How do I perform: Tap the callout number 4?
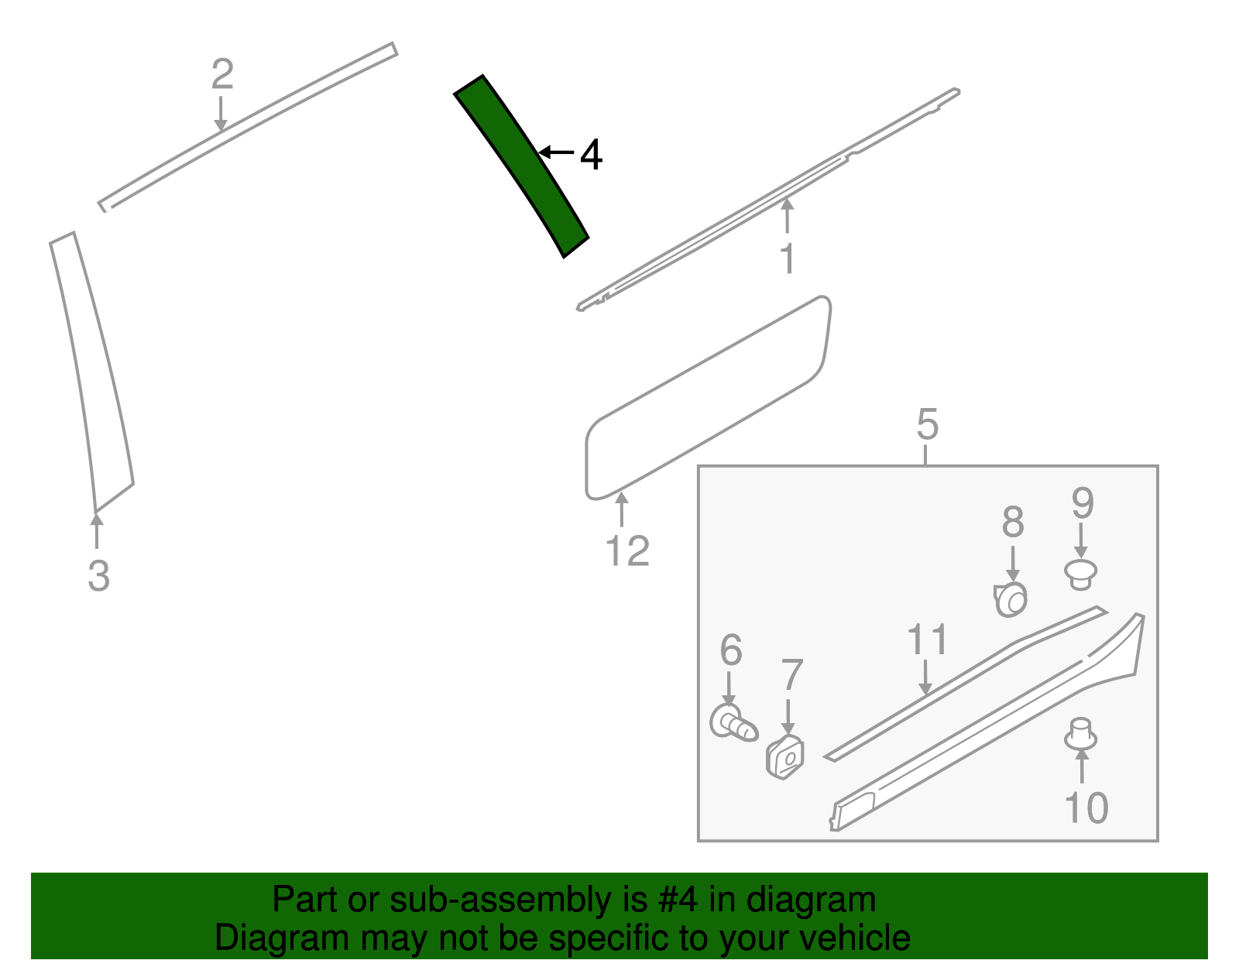tap(592, 154)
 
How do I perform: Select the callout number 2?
tap(222, 74)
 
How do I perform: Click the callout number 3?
tap(98, 575)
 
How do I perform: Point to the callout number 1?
tap(788, 259)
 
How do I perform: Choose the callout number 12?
tap(627, 551)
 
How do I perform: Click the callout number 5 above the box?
tap(928, 424)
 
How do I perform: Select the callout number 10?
tap(1086, 808)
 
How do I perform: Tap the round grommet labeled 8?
tap(1011, 599)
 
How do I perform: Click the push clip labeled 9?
tap(1080, 574)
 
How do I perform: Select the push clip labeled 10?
tap(1080, 735)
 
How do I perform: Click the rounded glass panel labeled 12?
tap(708, 398)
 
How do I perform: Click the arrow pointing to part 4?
tap(556, 153)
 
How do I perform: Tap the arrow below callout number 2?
tap(221, 114)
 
